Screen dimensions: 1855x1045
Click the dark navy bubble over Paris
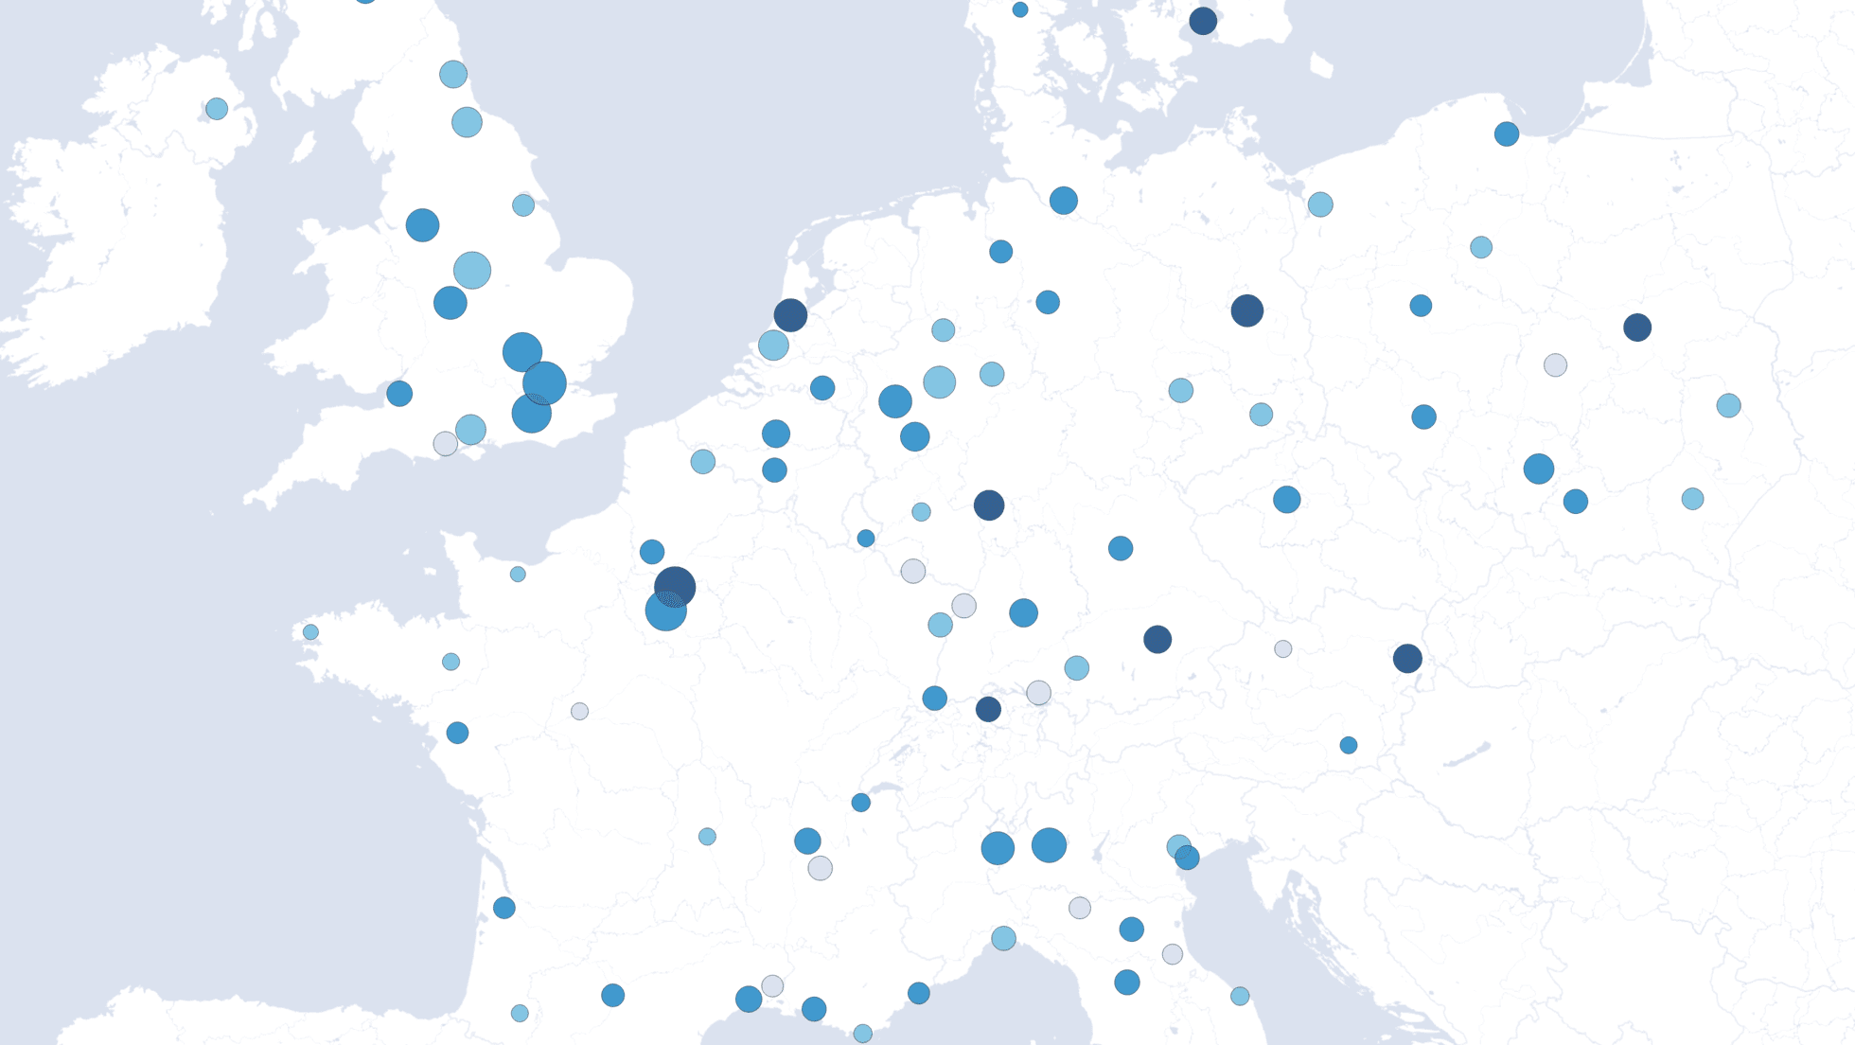pos(675,585)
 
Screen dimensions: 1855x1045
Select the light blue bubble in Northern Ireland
pos(217,109)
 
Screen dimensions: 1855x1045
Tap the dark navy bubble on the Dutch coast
pos(790,314)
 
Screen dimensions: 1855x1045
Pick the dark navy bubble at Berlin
pos(1246,310)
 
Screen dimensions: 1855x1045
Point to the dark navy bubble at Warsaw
pos(1637,328)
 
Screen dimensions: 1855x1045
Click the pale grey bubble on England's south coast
pos(445,443)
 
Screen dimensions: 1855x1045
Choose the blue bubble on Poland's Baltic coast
pos(1507,133)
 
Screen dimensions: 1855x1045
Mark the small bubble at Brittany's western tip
pos(310,632)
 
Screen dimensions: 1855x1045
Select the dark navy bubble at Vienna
pos(1407,658)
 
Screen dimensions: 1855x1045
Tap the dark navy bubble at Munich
pos(1157,639)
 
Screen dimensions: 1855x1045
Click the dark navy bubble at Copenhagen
pos(1203,21)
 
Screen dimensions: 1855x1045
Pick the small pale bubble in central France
pos(579,711)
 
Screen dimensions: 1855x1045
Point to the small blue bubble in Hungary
pos(1349,745)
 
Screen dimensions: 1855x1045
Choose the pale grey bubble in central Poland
pos(1555,364)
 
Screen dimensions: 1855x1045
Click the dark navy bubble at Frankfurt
pos(989,505)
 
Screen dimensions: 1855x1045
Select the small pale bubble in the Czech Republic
pos(1282,648)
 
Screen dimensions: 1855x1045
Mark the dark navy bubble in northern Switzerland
pos(988,709)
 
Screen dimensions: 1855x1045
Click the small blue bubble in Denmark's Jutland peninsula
pos(1019,9)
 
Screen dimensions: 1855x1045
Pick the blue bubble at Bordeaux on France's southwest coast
pos(504,908)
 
